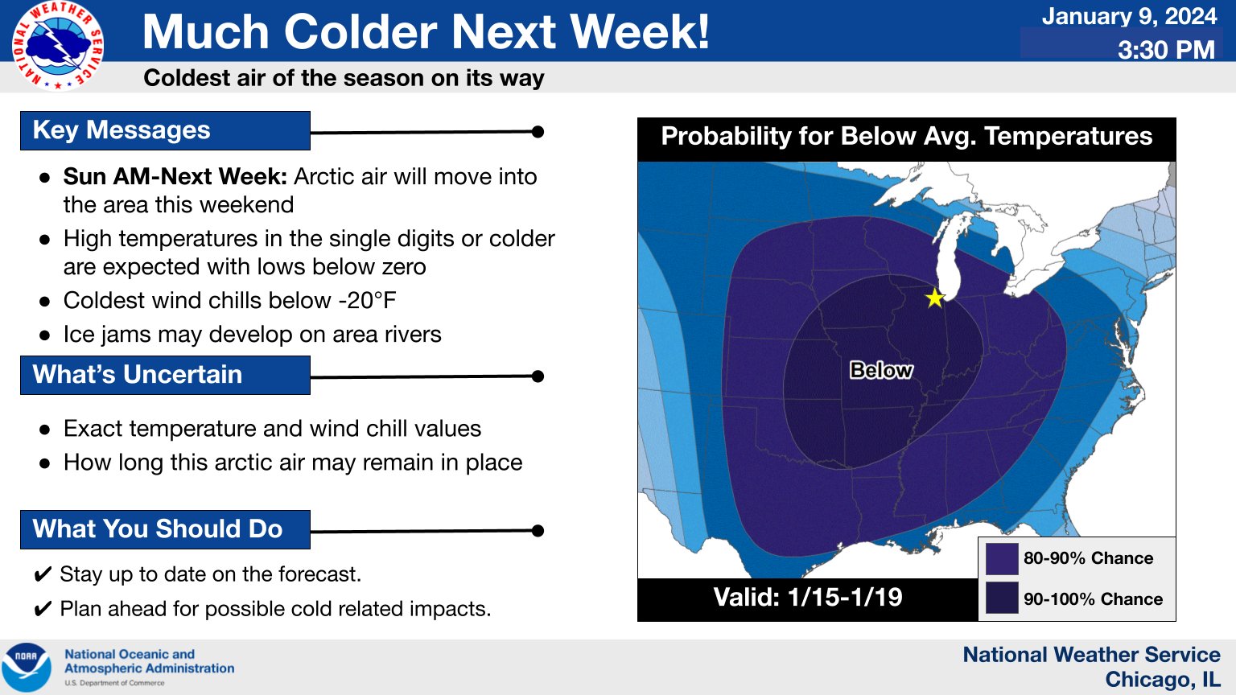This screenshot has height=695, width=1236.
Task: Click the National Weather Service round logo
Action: [58, 46]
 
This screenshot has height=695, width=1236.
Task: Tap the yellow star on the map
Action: [935, 298]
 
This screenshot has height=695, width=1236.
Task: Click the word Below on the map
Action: [880, 370]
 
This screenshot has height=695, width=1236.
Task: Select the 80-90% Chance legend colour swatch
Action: [1002, 559]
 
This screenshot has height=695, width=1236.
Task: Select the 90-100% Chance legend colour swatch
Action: [1002, 598]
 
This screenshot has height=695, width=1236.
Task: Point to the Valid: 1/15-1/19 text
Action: [808, 598]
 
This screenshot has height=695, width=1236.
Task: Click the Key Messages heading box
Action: [165, 131]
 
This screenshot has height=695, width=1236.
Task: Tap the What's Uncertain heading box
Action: [165, 375]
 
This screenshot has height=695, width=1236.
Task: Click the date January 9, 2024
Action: [1129, 17]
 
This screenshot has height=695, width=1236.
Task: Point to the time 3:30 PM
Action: [1167, 50]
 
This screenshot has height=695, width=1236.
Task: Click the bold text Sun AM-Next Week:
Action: [175, 176]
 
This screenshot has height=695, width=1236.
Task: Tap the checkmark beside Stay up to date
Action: [43, 575]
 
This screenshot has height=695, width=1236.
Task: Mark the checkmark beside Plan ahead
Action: [43, 610]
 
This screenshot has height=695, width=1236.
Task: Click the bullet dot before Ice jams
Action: [45, 335]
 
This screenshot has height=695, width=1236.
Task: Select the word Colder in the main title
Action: [360, 31]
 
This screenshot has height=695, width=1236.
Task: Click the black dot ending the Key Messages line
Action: [538, 132]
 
